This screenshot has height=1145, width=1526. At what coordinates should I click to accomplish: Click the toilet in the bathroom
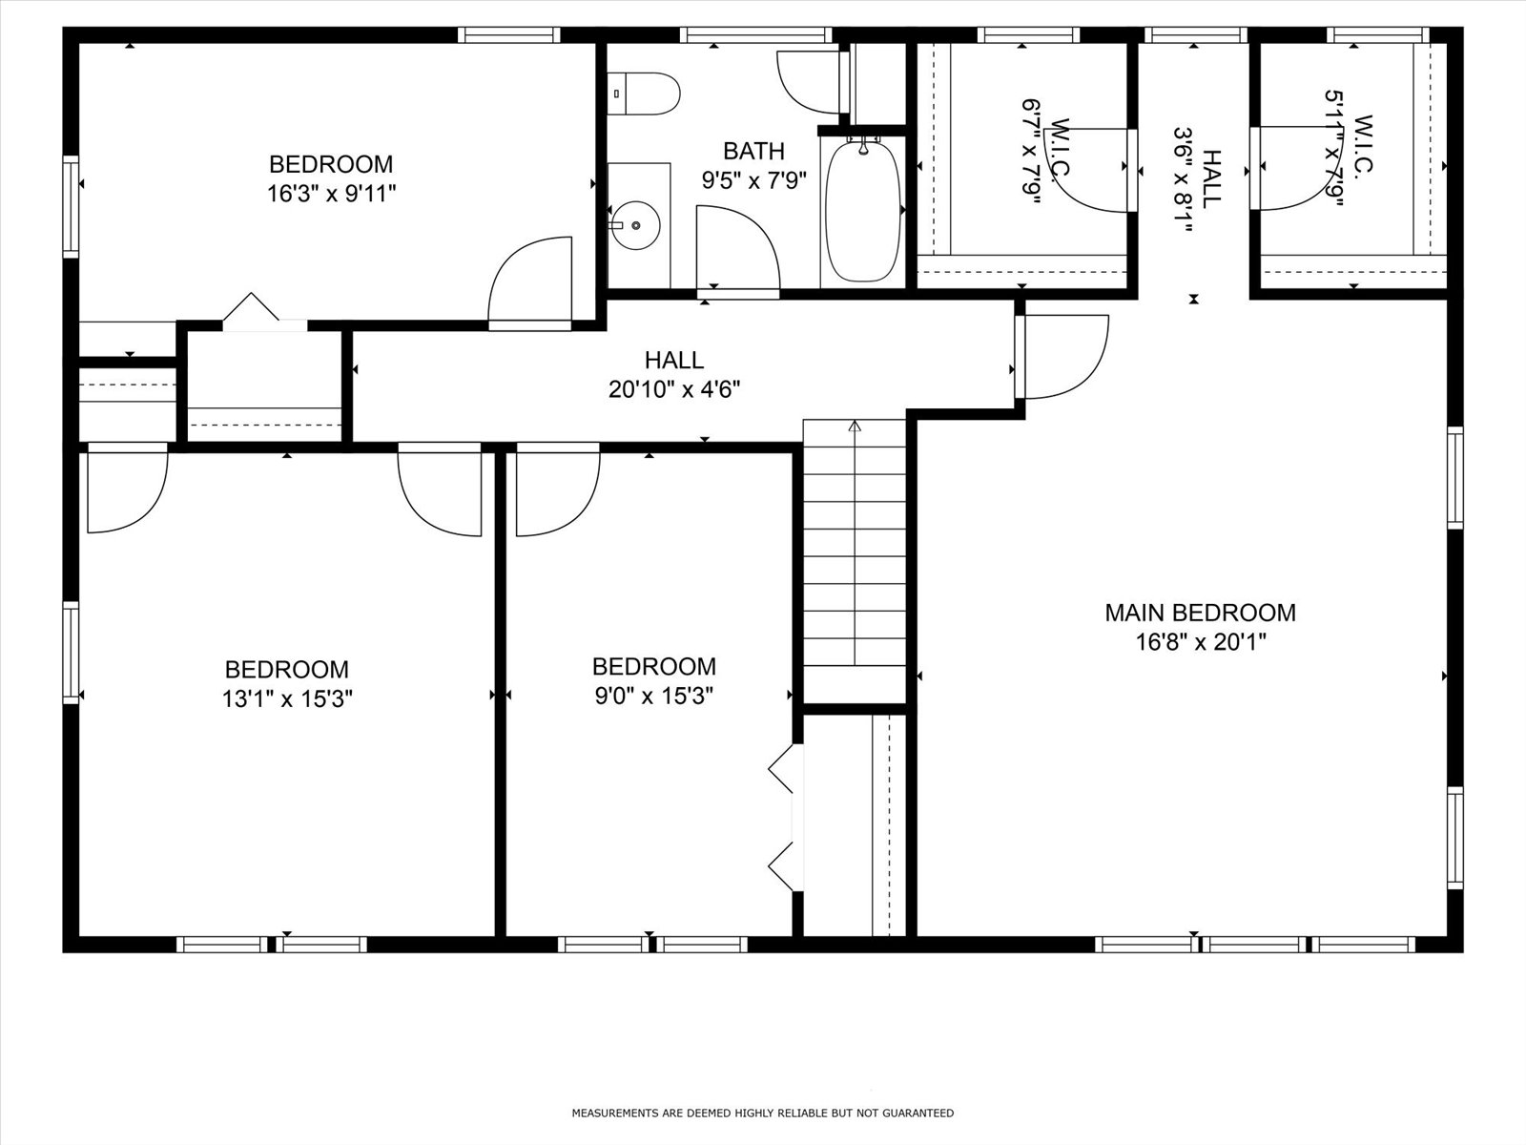643,94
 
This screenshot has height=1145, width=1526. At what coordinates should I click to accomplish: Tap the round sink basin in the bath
635,225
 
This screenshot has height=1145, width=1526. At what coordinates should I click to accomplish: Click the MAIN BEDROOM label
1201,613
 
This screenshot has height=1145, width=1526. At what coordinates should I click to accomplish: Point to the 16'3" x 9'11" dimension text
332,194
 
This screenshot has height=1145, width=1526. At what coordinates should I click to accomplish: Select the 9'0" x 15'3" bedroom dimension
653,696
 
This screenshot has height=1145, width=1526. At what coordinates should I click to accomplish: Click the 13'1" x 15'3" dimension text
287,698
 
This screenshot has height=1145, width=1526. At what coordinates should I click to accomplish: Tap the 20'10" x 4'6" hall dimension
673,389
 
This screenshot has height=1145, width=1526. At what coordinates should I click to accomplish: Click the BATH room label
753,151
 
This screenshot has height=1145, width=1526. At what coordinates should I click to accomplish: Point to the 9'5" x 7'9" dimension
753,180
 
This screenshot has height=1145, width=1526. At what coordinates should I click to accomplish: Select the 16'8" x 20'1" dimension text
1201,641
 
